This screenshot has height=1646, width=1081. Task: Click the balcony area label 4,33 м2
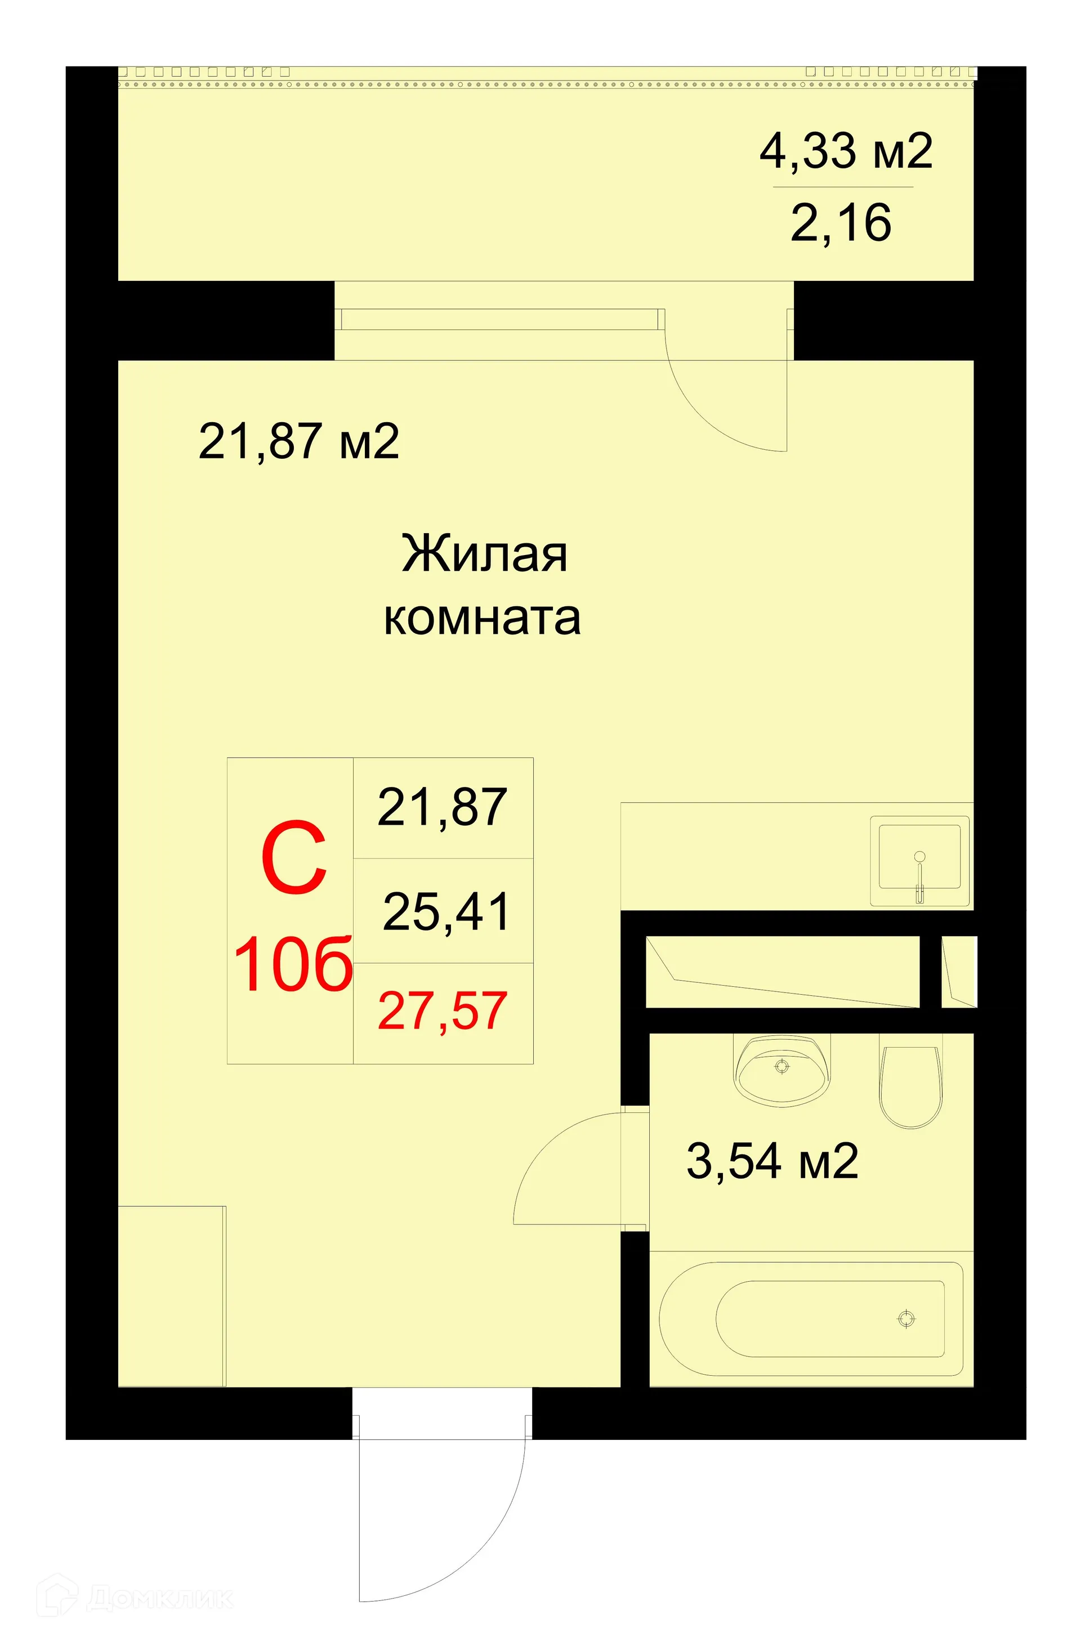(845, 151)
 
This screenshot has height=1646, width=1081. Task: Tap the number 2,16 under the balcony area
(841, 223)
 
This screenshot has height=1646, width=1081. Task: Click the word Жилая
(484, 554)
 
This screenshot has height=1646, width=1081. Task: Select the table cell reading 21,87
(443, 807)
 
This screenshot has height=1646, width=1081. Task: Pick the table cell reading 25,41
(446, 911)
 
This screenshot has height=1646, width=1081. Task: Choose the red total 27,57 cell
(443, 1011)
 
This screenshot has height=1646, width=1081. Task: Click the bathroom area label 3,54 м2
(772, 1161)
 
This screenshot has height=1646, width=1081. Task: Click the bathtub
(811, 1318)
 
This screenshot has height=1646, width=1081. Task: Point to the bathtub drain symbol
(906, 1319)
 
